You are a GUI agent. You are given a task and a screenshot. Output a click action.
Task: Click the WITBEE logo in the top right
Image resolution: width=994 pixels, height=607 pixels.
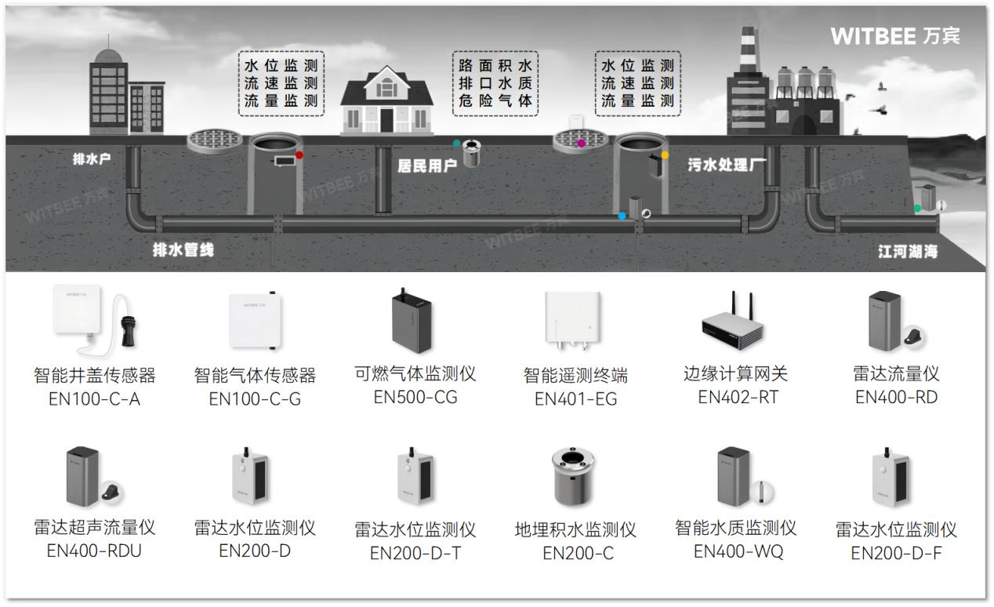(x=894, y=36)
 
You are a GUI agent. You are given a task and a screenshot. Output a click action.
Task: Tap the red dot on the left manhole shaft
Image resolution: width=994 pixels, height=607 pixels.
(x=299, y=155)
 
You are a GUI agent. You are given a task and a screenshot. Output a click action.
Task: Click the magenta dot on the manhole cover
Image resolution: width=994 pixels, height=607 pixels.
(x=581, y=144)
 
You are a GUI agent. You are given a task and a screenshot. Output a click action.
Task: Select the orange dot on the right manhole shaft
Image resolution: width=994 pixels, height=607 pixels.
(x=665, y=155)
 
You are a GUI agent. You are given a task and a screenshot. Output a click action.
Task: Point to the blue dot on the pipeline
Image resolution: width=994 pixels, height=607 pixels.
(x=622, y=216)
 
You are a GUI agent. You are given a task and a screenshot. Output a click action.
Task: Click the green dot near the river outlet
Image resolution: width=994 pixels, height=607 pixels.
(x=917, y=209)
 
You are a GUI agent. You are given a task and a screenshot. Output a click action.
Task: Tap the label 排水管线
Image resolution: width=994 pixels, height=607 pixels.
(x=183, y=250)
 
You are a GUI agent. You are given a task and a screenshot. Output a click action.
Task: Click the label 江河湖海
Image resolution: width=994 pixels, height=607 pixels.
(x=907, y=252)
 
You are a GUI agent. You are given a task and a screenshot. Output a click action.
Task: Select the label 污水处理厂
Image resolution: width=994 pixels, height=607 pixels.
(x=727, y=165)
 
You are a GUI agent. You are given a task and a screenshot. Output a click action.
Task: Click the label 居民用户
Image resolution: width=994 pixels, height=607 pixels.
(x=427, y=165)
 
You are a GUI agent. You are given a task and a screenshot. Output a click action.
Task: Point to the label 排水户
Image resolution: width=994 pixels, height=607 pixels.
(x=92, y=159)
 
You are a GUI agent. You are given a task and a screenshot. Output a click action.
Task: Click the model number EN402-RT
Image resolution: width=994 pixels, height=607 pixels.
(x=738, y=398)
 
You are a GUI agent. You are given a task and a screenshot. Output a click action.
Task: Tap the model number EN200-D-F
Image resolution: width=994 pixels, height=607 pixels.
(x=896, y=554)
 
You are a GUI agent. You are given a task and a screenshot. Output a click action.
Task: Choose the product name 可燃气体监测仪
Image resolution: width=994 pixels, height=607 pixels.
(x=415, y=374)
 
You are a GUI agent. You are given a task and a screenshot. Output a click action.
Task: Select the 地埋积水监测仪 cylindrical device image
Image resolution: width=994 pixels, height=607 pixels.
(x=575, y=478)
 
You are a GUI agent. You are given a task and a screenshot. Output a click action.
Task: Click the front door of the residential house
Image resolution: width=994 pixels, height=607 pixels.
(x=386, y=119)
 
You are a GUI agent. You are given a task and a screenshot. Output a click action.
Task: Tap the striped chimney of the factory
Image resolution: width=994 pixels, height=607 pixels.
(x=747, y=49)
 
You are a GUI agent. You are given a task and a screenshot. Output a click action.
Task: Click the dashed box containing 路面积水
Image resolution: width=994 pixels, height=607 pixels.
(x=495, y=83)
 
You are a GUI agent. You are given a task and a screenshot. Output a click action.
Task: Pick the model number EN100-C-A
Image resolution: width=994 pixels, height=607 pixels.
(x=94, y=399)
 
